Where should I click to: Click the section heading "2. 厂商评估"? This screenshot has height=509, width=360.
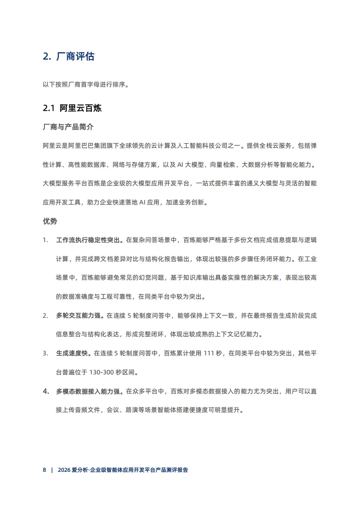pyautogui.click(x=68, y=57)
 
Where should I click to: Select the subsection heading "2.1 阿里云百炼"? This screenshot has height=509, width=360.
pyautogui.click(x=72, y=108)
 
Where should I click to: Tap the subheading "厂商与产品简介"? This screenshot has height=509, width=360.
pyautogui.click(x=68, y=127)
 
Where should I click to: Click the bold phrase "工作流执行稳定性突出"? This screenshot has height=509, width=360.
pyautogui.click(x=88, y=240)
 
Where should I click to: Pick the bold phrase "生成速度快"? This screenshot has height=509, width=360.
pyautogui.click(x=73, y=354)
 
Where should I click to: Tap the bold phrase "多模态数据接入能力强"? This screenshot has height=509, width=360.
pyautogui.click(x=88, y=392)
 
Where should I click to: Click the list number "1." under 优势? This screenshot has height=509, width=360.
pyautogui.click(x=45, y=240)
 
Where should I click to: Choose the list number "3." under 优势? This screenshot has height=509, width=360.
pyautogui.click(x=45, y=354)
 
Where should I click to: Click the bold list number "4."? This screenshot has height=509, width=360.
pyautogui.click(x=46, y=392)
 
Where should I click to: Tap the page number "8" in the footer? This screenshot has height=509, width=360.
pyautogui.click(x=44, y=470)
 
